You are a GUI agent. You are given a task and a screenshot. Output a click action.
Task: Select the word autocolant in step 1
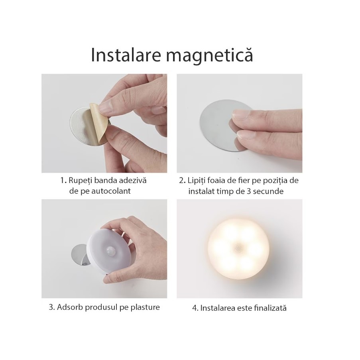click(111, 191)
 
